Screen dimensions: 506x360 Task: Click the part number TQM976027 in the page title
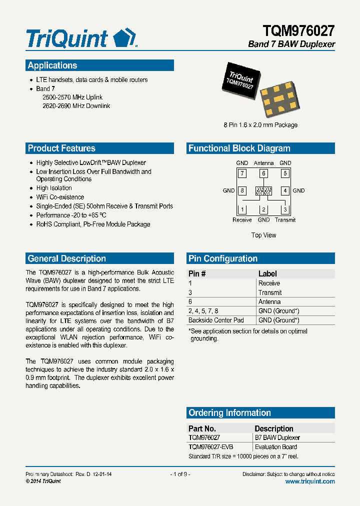point(298,31)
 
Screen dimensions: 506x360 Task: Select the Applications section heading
point(99,65)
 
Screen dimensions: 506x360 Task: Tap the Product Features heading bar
point(99,148)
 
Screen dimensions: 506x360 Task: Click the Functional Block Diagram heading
point(260,148)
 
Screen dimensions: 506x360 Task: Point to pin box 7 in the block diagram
point(242,173)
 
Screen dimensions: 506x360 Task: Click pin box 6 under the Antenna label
point(263,173)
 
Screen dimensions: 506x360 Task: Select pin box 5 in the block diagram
point(285,173)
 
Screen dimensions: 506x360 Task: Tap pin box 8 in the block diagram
point(242,190)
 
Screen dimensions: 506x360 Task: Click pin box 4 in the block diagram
point(285,190)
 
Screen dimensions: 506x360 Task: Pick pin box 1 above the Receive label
point(242,209)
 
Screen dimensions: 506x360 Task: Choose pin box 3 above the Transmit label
point(285,209)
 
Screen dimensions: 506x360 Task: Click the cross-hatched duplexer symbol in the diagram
point(263,190)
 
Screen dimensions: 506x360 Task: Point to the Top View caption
point(263,235)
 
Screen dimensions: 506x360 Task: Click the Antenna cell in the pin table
point(269,301)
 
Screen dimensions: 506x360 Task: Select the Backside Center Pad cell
point(216,320)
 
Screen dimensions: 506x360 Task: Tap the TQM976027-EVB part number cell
point(211,446)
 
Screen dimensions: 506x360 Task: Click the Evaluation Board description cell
point(275,446)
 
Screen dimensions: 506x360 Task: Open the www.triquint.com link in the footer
point(310,481)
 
